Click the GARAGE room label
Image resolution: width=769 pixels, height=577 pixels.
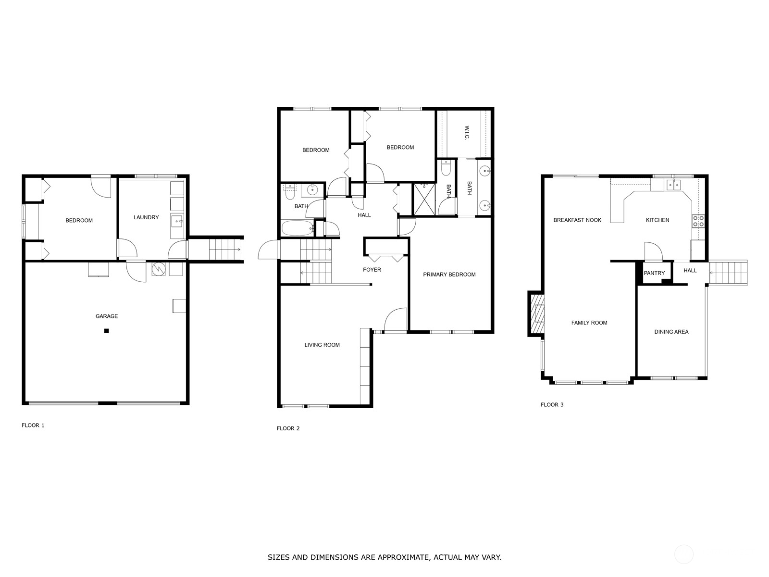click(106, 316)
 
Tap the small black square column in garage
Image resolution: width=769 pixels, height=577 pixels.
click(107, 331)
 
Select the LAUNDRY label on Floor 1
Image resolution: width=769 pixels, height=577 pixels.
click(146, 217)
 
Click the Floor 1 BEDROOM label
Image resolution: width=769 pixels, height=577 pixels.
click(79, 221)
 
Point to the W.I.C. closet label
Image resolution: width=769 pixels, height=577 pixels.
click(467, 133)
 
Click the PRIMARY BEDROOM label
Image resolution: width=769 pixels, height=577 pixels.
click(449, 275)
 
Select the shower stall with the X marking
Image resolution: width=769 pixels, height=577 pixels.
click(424, 199)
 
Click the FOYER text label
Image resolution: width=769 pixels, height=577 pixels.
click(372, 270)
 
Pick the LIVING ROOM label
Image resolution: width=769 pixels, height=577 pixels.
click(322, 345)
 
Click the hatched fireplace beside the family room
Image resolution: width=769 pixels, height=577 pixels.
click(537, 314)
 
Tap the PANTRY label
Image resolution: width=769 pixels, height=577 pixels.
click(654, 273)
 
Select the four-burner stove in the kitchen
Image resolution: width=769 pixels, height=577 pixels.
click(698, 221)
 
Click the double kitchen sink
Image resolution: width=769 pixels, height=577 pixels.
click(673, 184)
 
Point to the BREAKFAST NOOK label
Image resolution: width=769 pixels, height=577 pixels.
click(577, 220)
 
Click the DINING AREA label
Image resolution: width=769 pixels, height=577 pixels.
click(671, 332)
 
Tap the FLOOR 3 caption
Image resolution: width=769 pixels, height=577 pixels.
click(552, 405)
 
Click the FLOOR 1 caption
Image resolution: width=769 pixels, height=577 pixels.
click(33, 426)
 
